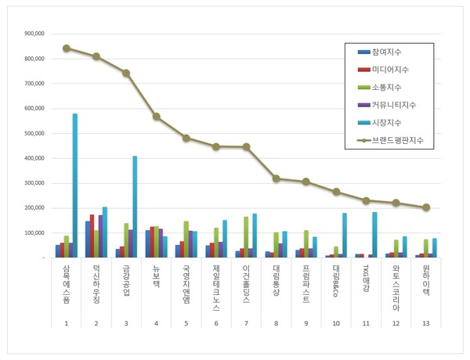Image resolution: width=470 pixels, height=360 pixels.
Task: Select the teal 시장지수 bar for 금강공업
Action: [x=135, y=207]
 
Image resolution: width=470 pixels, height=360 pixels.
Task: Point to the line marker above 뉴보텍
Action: [x=157, y=117]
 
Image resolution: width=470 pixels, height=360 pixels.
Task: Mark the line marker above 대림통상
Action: [x=276, y=178]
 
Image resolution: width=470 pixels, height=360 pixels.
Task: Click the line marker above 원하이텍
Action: [x=426, y=207]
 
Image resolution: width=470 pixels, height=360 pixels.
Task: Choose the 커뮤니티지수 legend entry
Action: [x=392, y=105]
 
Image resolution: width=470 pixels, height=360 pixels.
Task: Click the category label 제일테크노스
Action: [x=216, y=286]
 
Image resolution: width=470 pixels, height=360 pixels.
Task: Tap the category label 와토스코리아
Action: [x=396, y=286]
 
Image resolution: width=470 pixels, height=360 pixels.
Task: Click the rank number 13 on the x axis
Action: [x=426, y=323]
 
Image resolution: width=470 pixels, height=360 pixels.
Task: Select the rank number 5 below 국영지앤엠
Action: [x=186, y=323]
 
